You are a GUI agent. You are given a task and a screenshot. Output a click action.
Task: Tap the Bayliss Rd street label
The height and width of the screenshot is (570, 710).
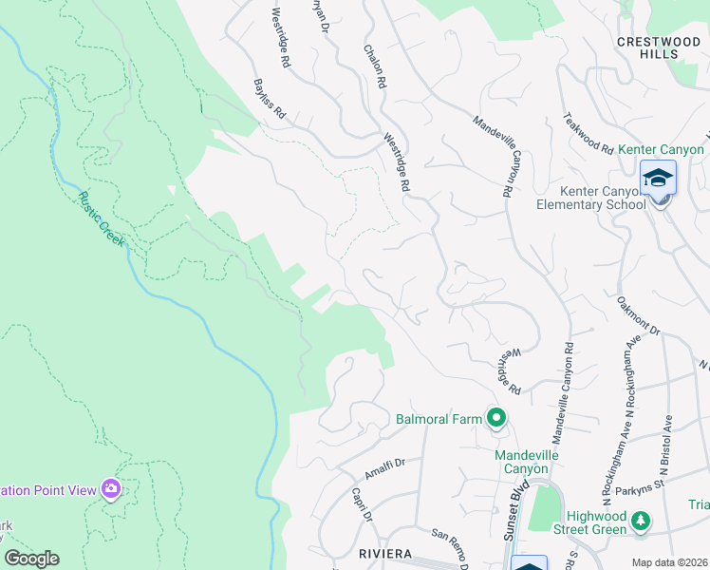coord(270,99)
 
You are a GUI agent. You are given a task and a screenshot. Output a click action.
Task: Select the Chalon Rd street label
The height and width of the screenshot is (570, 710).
coord(375,66)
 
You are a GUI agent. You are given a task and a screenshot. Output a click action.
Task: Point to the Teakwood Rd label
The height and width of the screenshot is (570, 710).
coord(588,133)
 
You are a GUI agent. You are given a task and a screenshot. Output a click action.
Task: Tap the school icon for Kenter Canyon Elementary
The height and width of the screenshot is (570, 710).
coord(658,178)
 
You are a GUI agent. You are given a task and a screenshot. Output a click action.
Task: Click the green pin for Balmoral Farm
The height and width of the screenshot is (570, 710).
coord(495,417)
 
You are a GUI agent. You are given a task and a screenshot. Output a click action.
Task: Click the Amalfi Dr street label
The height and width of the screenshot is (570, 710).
coord(385,467)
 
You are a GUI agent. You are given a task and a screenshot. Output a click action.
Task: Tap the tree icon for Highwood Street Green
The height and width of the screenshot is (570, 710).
coord(643,521)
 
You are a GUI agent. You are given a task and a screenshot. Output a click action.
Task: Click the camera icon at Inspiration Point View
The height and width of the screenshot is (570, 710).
coord(112,489)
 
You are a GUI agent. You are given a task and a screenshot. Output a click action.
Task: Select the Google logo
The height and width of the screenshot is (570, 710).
coord(31,559)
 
